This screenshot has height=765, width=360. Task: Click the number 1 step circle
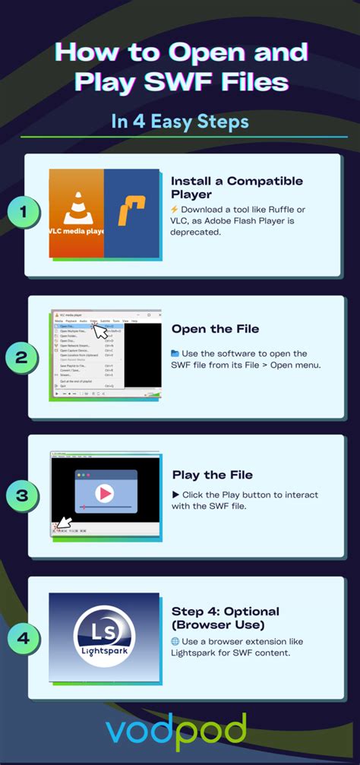[x=23, y=214]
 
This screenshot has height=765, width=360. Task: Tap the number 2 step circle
[x=23, y=358]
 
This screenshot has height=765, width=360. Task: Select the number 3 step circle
[x=23, y=497]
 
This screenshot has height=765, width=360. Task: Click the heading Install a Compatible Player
[x=236, y=188]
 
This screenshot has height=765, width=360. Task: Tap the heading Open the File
[x=215, y=329]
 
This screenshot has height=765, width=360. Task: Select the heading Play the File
[x=213, y=475]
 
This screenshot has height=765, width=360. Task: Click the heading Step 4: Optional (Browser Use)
[x=225, y=618]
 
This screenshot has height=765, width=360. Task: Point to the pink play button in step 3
[x=106, y=494]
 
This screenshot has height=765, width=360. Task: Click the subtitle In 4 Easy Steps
[x=179, y=122]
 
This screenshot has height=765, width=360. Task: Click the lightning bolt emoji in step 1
[x=175, y=210]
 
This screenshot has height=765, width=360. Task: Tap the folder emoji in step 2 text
[x=175, y=353]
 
